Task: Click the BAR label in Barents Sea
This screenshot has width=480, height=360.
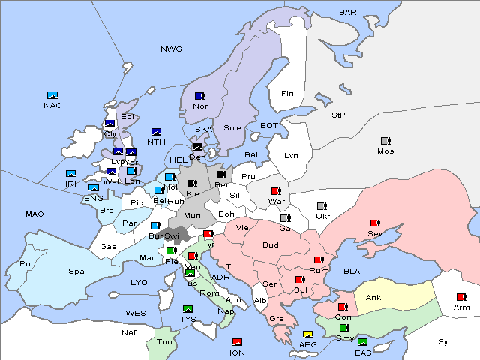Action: click(x=347, y=13)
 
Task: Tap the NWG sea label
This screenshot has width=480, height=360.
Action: click(x=171, y=49)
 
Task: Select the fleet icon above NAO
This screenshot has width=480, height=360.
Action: click(x=52, y=95)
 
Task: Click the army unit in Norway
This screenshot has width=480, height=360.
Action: click(x=199, y=96)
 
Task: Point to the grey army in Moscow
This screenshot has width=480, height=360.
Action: click(x=385, y=141)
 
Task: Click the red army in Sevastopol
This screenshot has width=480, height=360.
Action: click(x=374, y=223)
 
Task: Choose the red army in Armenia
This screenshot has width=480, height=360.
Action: click(x=460, y=296)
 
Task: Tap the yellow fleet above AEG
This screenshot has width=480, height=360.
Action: click(x=307, y=334)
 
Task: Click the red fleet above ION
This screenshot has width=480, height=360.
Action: click(x=238, y=343)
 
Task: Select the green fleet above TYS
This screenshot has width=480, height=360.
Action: click(x=187, y=309)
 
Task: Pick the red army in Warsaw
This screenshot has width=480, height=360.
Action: click(x=276, y=191)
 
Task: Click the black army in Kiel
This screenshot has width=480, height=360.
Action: click(x=192, y=184)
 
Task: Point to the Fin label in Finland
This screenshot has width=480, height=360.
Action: click(x=287, y=94)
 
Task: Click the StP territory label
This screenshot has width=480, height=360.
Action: click(x=338, y=115)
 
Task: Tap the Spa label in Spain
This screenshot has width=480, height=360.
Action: click(x=76, y=271)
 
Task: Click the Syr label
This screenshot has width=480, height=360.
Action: click(x=445, y=341)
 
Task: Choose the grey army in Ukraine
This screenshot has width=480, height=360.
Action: click(x=322, y=206)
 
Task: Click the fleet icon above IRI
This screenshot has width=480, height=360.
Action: click(x=70, y=174)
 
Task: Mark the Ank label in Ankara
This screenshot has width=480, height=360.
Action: click(x=373, y=298)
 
